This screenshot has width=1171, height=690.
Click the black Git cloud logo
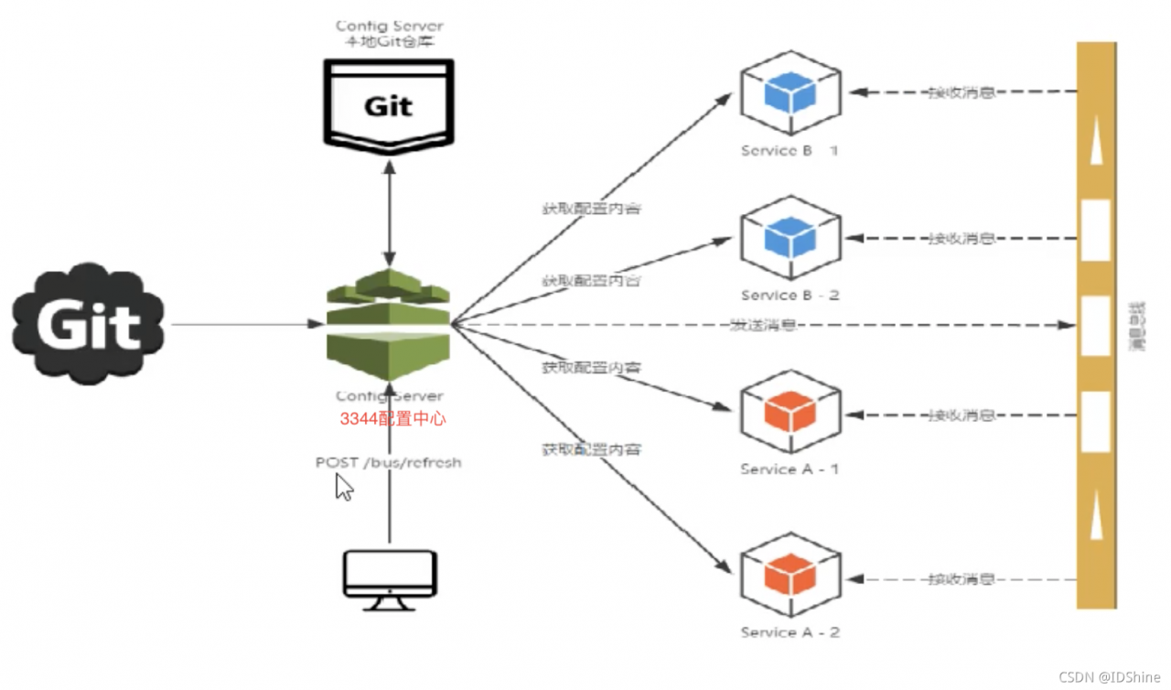click(88, 323)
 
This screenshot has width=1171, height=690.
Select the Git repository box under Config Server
click(389, 103)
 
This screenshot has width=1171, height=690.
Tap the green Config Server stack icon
click(389, 323)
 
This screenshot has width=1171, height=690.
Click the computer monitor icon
click(390, 578)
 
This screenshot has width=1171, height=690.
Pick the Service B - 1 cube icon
click(790, 93)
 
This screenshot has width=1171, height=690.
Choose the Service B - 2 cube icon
click(790, 238)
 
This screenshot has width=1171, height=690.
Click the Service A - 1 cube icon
click(790, 413)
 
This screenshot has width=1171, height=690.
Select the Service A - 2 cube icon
click(790, 576)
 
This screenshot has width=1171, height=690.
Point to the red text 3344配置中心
click(393, 419)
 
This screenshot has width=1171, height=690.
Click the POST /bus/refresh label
click(389, 463)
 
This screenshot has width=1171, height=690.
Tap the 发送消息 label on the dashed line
click(763, 325)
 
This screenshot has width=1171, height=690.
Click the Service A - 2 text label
click(790, 632)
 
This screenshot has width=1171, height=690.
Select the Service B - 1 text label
click(790, 151)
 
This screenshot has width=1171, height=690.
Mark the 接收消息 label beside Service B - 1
click(962, 92)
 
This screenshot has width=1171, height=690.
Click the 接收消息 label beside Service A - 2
click(962, 579)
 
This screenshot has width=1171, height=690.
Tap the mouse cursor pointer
click(344, 487)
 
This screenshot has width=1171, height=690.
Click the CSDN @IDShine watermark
click(1110, 677)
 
